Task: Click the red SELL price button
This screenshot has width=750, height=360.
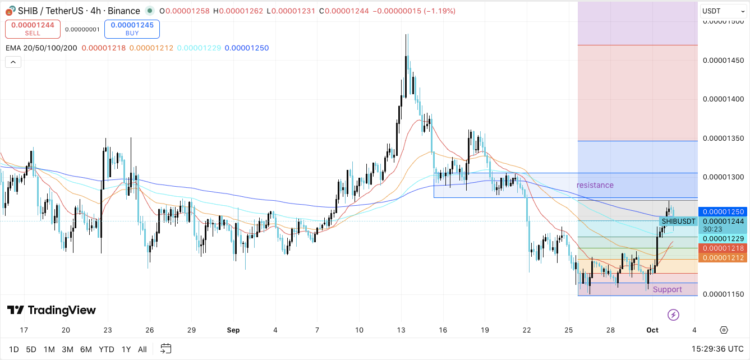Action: [33, 29]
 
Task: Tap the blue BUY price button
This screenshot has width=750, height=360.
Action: [132, 29]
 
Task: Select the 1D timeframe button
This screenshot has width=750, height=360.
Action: [14, 349]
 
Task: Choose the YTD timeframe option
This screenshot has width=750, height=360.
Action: [107, 349]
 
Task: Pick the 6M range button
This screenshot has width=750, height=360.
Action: [86, 349]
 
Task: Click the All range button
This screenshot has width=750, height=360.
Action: [142, 349]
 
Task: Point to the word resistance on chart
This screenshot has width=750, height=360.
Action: [595, 185]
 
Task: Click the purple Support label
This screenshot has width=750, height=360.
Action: [668, 289]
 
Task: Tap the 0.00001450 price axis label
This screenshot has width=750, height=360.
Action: [723, 60]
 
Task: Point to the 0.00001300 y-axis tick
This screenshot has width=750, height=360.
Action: [723, 177]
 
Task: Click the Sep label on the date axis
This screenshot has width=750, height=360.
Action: [233, 330]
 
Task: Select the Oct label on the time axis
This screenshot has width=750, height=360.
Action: [652, 330]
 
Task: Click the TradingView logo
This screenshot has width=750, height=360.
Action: [52, 310]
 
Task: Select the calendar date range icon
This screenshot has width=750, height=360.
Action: [165, 349]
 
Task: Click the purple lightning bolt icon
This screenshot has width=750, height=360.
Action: [674, 315]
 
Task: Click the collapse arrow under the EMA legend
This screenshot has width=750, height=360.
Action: [13, 62]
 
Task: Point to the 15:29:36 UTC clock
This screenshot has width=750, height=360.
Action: [717, 349]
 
